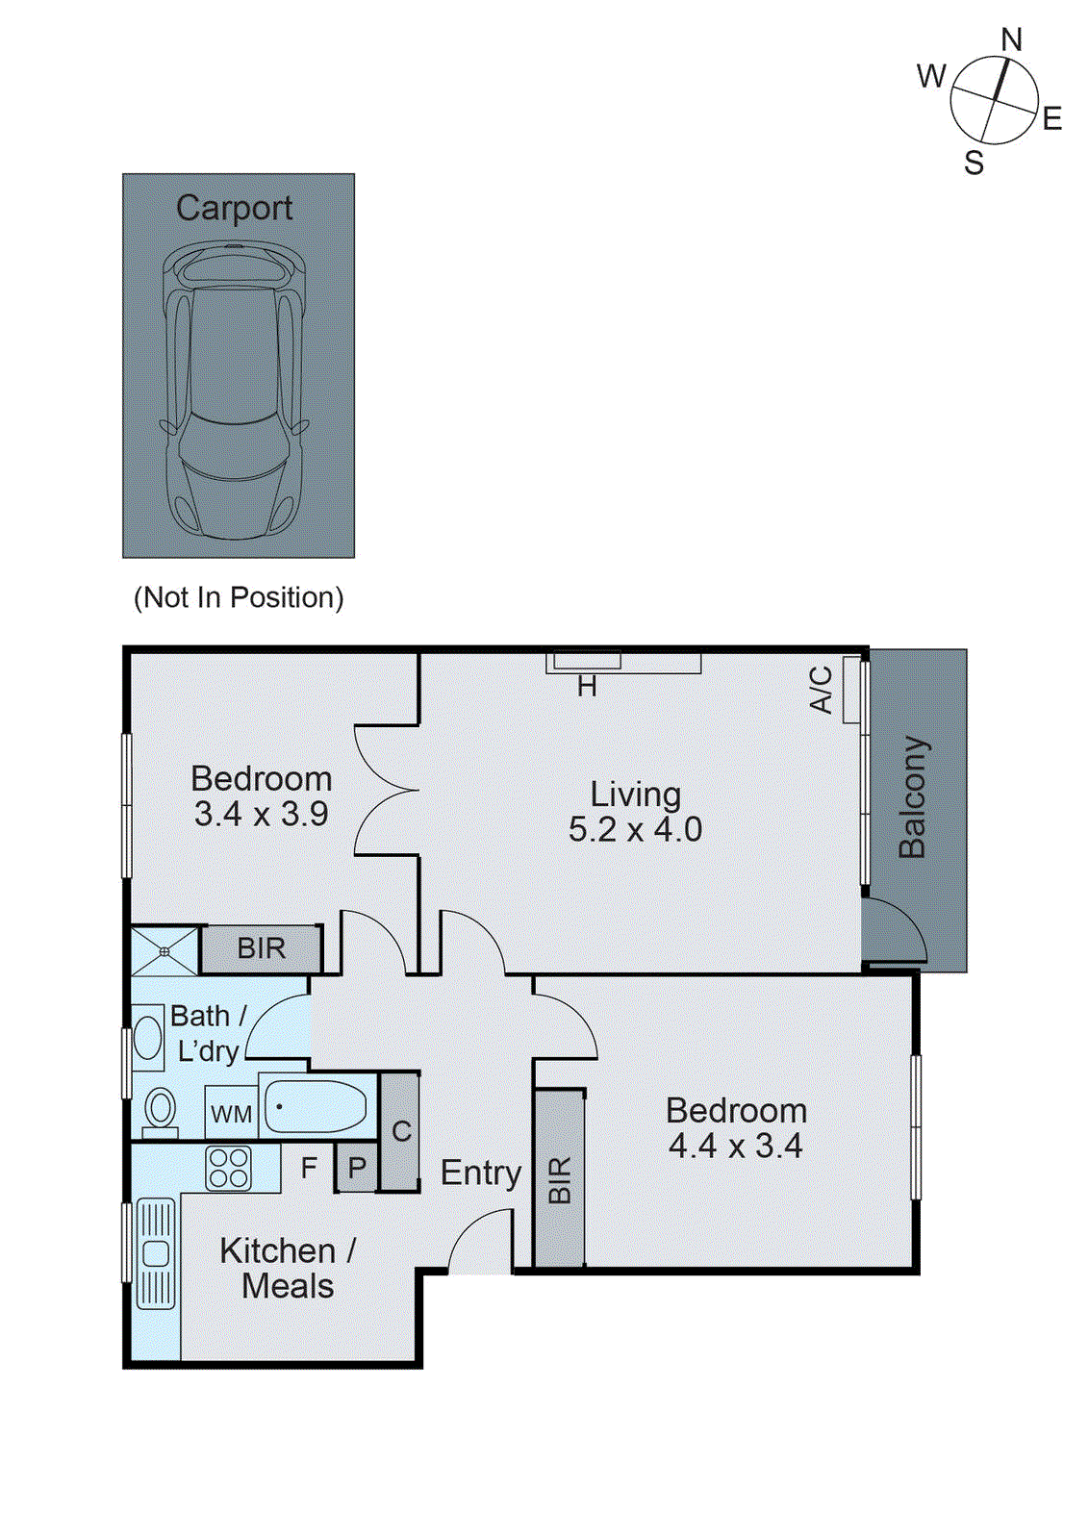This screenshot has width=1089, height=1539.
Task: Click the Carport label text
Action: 234,208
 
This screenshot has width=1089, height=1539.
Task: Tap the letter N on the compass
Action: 1011,40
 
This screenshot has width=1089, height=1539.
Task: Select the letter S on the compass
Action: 974,164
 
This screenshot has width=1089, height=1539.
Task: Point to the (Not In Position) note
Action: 238,597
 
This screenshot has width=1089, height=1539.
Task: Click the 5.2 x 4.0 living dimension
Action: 635,829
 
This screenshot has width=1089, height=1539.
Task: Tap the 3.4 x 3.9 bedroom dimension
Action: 261,814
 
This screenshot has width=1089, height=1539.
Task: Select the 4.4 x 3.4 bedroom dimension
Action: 735,1146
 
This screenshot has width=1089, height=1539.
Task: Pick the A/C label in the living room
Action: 821,689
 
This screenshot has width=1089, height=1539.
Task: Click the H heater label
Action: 587,687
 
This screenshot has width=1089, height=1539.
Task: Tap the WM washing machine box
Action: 231,1114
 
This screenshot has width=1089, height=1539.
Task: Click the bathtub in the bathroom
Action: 316,1106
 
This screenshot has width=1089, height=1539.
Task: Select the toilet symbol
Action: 160,1111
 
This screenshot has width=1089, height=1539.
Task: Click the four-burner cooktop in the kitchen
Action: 229,1168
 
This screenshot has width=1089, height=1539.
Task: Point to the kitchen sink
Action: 156,1253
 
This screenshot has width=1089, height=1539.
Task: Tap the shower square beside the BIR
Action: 165,950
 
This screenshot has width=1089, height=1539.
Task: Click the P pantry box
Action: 357,1168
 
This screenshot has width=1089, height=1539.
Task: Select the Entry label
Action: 480,1173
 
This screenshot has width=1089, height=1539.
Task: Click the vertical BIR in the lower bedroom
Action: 560,1178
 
